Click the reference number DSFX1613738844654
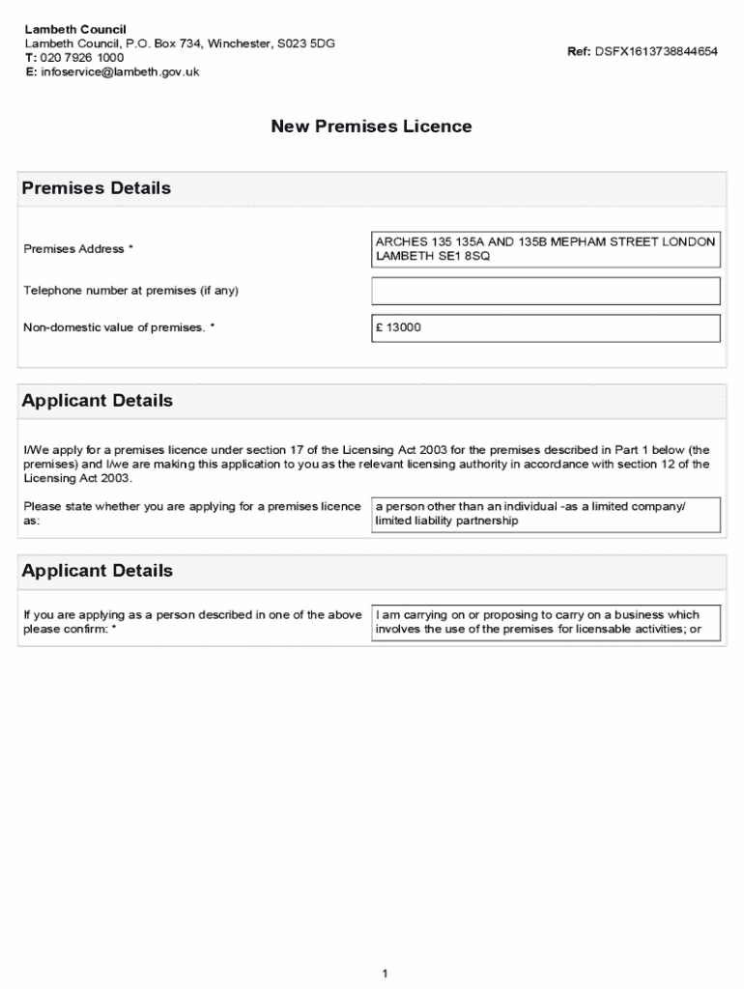[x=656, y=51]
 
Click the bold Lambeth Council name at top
[x=75, y=30]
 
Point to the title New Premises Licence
[x=371, y=127]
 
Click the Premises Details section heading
[x=97, y=188]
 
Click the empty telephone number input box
[x=546, y=291]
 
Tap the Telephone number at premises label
[x=130, y=291]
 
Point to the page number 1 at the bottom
[x=384, y=974]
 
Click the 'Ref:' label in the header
[x=579, y=51]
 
